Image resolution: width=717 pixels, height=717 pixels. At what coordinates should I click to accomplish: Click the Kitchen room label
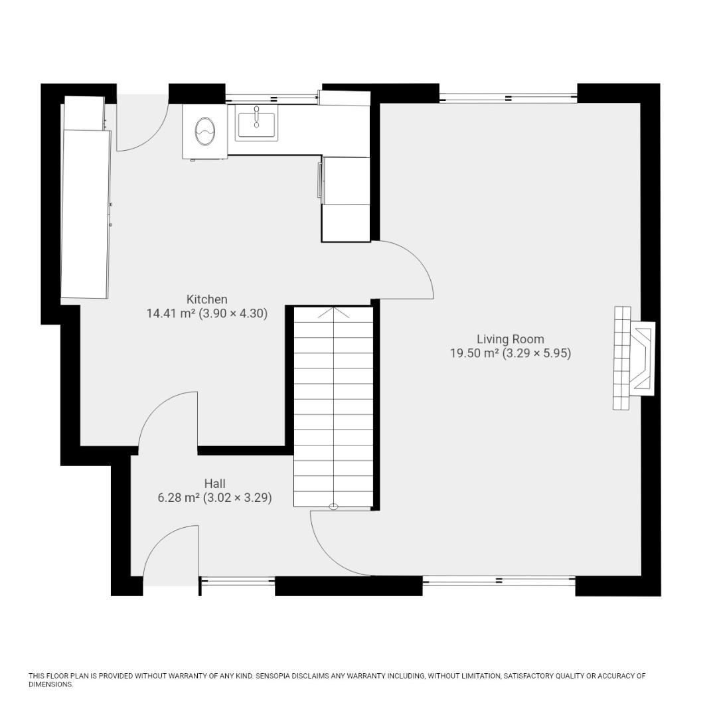206,299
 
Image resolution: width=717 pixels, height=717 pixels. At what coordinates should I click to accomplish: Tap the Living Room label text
510,339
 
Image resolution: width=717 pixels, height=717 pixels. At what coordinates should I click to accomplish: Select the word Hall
214,483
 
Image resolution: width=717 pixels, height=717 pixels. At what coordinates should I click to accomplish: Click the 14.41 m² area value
171,313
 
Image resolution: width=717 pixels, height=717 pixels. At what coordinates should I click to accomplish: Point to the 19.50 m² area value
474,353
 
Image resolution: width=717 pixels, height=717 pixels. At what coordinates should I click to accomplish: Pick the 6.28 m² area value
179,497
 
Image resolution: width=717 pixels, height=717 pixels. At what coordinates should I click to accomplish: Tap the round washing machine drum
204,131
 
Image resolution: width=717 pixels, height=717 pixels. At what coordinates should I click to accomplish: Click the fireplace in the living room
634,358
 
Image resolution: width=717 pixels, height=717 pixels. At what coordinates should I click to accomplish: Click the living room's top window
508,98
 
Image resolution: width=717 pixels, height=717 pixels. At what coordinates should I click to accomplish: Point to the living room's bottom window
499,581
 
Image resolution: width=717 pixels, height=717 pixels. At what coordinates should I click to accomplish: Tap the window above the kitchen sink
273,98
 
